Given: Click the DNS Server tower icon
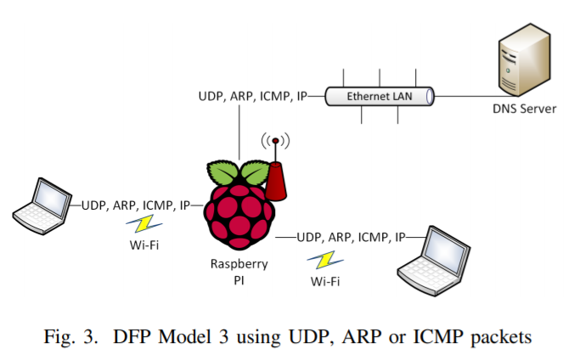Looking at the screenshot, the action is tap(525, 59).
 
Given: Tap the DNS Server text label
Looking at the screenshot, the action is tap(524, 109).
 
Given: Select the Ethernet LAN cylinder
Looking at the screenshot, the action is tap(380, 96).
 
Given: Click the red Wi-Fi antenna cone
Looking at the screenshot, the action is tap(276, 182).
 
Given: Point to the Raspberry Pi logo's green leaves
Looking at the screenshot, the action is tap(239, 172).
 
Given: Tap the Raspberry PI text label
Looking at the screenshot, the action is tap(239, 272).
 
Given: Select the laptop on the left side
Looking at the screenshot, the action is tap(42, 205).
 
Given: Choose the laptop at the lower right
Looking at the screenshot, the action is tap(434, 261).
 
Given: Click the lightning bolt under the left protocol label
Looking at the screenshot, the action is tap(143, 224).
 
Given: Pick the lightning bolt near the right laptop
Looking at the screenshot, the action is tap(325, 260).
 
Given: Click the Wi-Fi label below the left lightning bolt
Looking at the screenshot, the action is tap(144, 245).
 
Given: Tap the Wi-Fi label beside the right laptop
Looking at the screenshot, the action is tap(325, 281).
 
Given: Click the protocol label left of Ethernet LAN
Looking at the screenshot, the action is tap(252, 96).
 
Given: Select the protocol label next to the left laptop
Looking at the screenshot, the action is tap(136, 205).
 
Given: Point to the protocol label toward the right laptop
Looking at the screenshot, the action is tap(351, 238).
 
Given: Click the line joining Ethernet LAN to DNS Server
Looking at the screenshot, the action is tap(476, 97).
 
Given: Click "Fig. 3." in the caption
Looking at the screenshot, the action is tap(71, 336).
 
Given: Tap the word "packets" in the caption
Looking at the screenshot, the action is tap(501, 337).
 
